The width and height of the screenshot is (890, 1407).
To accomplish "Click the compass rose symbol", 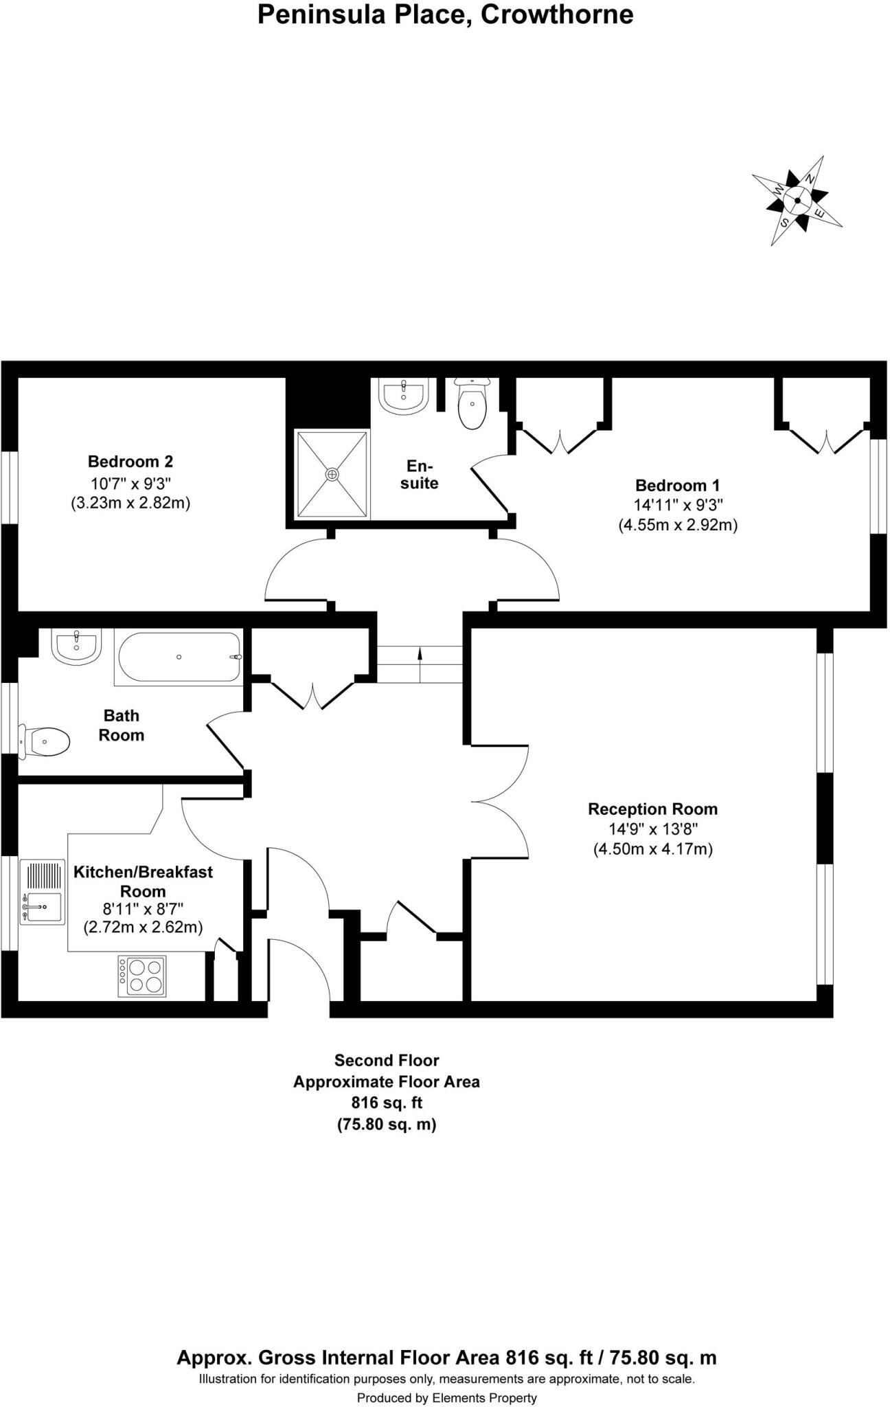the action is tap(797, 201).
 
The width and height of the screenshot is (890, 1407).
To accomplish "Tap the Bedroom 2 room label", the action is tap(130, 462).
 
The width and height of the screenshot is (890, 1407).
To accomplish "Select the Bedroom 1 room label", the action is tap(678, 486).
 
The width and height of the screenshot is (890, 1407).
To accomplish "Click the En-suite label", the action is tap(420, 474).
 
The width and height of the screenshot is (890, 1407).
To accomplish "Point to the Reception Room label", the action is tap(652, 809).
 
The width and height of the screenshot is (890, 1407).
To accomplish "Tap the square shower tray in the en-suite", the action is tap(333, 474).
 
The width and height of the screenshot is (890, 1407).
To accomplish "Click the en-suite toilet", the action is tap(472, 403).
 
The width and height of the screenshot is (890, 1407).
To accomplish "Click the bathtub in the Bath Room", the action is tap(179, 657).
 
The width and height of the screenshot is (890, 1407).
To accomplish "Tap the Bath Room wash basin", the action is tap(77, 647).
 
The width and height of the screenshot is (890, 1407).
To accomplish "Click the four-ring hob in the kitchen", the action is tap(142, 976).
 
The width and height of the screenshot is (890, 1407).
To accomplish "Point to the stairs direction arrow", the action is tap(420, 664).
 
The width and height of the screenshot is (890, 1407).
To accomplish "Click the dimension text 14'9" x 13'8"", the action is tap(653, 829).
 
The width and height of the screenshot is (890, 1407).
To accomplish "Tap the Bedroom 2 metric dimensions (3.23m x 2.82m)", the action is tap(130, 503).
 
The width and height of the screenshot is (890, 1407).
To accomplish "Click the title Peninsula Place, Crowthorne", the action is tap(445, 14).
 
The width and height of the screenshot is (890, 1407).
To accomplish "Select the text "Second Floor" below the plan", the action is tap(387, 1060).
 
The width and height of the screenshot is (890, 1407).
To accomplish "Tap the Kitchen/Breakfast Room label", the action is tap(143, 881).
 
